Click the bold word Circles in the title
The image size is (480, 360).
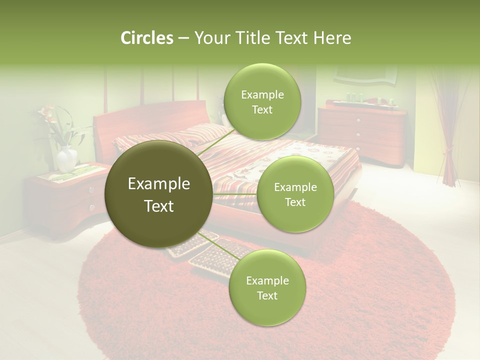(x=146, y=38)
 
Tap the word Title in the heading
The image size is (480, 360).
(x=251, y=38)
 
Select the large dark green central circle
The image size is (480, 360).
(x=158, y=194)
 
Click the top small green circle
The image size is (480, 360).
(x=262, y=102)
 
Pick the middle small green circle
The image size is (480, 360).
(x=295, y=194)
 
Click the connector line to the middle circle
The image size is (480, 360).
(x=234, y=194)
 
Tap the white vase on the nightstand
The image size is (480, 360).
(x=66, y=158)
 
